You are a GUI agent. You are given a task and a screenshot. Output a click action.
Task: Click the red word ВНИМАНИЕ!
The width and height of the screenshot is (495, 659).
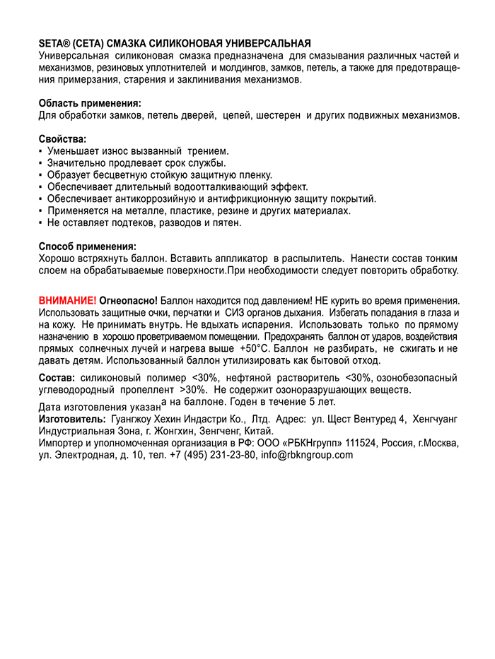coord(67,300)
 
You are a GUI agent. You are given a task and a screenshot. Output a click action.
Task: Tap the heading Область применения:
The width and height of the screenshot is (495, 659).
coord(90,103)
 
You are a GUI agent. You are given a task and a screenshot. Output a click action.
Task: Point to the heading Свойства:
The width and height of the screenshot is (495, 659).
coord(63,140)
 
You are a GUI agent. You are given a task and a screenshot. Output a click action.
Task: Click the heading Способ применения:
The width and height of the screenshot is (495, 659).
coord(87,247)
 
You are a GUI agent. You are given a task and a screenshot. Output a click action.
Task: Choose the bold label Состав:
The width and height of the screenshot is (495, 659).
coord(57,378)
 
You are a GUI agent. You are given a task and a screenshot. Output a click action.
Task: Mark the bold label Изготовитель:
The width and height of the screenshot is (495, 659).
coord(72,419)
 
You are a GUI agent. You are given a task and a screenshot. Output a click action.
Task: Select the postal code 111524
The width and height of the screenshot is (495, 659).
coord(356,443)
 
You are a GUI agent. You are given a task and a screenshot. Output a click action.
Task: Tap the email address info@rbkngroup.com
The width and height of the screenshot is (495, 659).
coord(306,455)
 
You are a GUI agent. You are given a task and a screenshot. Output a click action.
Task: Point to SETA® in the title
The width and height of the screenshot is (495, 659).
coord(54,44)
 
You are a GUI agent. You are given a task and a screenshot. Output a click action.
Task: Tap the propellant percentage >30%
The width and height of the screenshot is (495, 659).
coord(192,389)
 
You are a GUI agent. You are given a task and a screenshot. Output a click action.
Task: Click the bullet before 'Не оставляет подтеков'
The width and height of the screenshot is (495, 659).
coord(41,223)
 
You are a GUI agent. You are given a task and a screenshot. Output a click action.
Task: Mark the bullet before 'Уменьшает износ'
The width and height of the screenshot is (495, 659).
coord(41,152)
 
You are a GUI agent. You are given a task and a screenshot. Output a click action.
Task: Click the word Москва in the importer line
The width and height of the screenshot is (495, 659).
coord(441,443)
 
